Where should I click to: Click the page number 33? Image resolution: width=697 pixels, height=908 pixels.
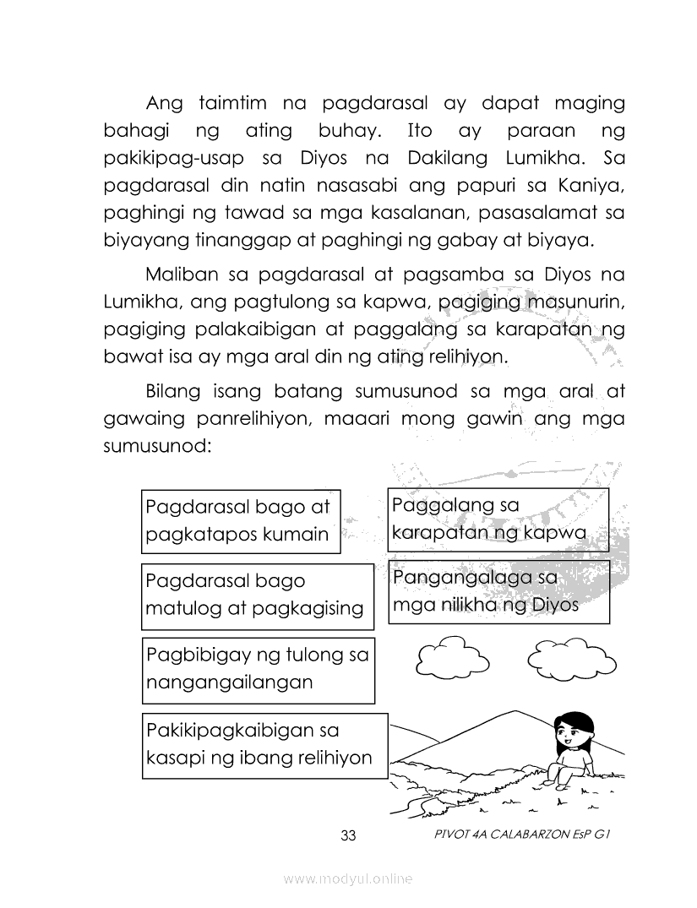[349, 835]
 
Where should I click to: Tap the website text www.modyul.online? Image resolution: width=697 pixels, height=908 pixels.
[348, 878]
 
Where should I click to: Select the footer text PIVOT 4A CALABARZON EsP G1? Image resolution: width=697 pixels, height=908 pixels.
[520, 835]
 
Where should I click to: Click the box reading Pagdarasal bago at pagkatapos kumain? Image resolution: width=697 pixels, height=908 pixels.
[240, 520]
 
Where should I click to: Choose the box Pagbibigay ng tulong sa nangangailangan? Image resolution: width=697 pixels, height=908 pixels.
[257, 669]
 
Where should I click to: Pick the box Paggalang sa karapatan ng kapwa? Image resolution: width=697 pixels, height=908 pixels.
[498, 519]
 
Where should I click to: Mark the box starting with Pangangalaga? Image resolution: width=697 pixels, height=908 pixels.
[498, 592]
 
